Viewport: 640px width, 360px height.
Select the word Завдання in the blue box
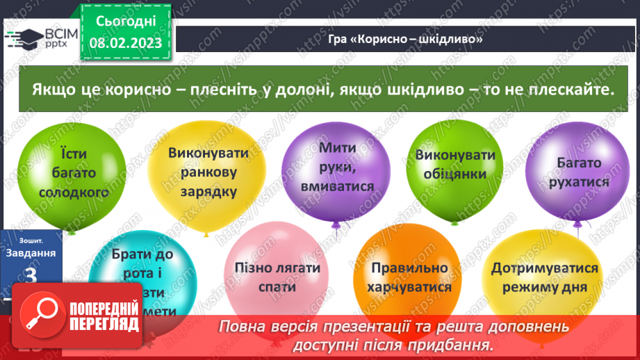(31, 253)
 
